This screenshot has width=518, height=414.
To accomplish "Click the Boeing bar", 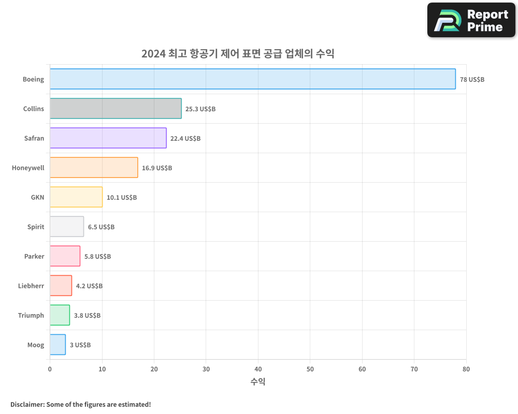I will pos(253,79).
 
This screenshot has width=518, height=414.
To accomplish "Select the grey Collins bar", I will pos(116,109).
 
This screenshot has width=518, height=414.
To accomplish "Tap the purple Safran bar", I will pos(108,138).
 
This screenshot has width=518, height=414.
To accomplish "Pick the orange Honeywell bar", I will pos(94,168).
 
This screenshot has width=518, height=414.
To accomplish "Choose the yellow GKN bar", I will pos(76,197).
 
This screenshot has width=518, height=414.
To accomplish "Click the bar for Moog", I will pos(57,345).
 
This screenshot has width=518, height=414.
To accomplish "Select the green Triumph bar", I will pos(60,315).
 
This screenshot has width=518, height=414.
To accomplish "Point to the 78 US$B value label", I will pos(472,80).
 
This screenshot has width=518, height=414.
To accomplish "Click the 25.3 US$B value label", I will pos(200,109).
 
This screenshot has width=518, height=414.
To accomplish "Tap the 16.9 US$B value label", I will pos(157,168).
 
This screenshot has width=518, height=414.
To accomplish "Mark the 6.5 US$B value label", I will pos(101,227).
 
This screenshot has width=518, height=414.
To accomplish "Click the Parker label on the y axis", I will pos(34,256).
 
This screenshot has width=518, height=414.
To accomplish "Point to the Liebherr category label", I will pos(31,286).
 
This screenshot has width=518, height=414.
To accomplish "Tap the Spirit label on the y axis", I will pos(36,227).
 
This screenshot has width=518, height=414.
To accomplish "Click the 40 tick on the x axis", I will pos(258,369).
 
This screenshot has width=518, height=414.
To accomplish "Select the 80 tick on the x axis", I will pos(466,369).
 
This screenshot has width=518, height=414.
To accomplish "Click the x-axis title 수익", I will pos(258,382).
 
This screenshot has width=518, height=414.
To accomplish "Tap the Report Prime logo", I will pos(471,20).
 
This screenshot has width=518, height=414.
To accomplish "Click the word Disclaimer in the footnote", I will pos(26,404).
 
